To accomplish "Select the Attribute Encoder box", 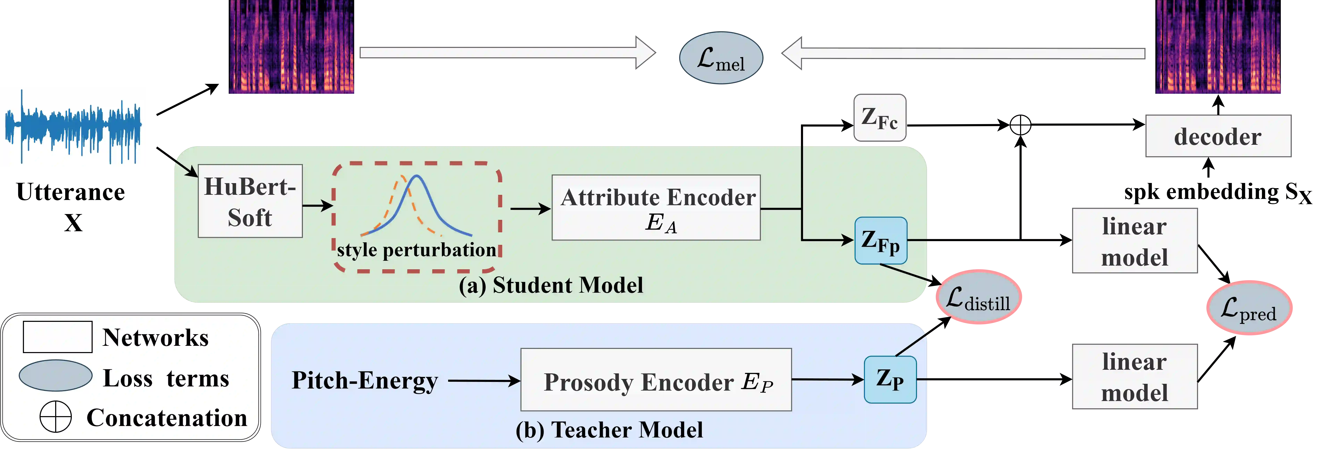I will coord(656,208).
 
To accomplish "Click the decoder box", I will coord(1218,136).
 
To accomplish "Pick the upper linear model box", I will coord(1134,241).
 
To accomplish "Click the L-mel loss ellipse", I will coord(721,58).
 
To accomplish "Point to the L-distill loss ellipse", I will coord(978,297).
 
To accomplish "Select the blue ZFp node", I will coord(880,241).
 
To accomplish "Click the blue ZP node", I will coord(890,379).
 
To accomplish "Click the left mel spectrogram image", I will coord(291,47).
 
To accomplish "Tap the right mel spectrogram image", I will coord(1218,47).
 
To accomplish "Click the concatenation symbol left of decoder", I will coord(1020,125).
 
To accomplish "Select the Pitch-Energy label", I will coord(364,381).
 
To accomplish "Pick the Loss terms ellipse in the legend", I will coord(56,375).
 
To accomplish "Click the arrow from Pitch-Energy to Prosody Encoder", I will coord(483,381).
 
